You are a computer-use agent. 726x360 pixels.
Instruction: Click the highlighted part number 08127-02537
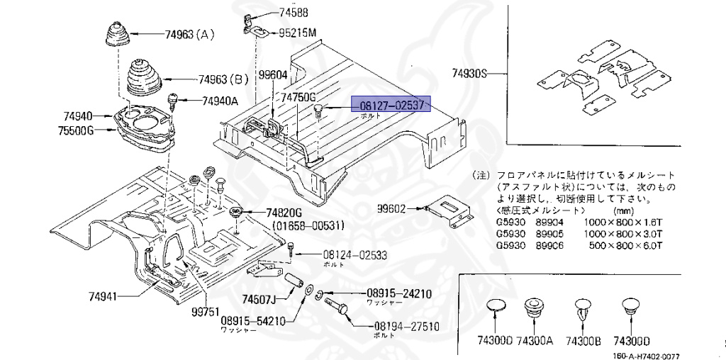click(391, 106)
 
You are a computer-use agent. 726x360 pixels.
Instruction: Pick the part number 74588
click(294, 12)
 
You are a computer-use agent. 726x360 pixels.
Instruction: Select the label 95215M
click(297, 32)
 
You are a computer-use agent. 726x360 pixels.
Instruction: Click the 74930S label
click(471, 73)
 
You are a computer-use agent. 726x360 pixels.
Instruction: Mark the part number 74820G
click(284, 213)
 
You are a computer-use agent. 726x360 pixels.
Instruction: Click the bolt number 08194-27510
click(406, 327)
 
